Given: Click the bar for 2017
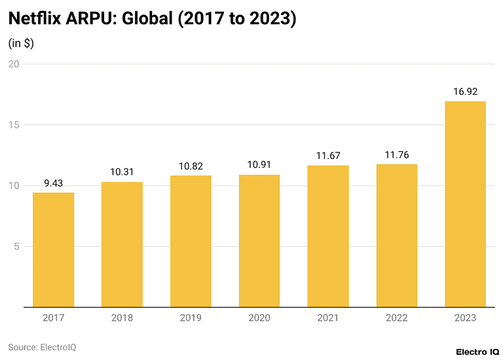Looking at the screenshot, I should pyautogui.click(x=53, y=249).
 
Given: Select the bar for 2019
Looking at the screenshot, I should pyautogui.click(x=191, y=241).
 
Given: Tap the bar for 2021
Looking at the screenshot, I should pyautogui.click(x=328, y=236).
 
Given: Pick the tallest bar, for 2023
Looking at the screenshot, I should pyautogui.click(x=465, y=204).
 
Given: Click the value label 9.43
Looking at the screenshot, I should pyautogui.click(x=53, y=183).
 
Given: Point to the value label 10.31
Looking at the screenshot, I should pyautogui.click(x=122, y=172).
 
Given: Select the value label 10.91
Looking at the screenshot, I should pyautogui.click(x=259, y=165).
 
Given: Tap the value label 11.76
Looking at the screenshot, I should pyautogui.click(x=396, y=155).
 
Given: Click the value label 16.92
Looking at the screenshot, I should pyautogui.click(x=465, y=92).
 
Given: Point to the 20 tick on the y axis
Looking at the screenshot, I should pyautogui.click(x=14, y=64).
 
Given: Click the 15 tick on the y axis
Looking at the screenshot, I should pyautogui.click(x=14, y=125).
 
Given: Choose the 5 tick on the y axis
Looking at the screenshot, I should pyautogui.click(x=16, y=246).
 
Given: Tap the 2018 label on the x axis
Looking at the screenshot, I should pyautogui.click(x=122, y=318).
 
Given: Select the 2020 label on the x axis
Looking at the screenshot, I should pyautogui.click(x=259, y=318).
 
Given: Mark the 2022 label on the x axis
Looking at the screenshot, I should pyautogui.click(x=396, y=318).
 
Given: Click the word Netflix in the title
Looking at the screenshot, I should pyautogui.click(x=35, y=19).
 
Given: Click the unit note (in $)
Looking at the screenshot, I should pyautogui.click(x=21, y=43).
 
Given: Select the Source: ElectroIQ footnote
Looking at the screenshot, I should pyautogui.click(x=42, y=347).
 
